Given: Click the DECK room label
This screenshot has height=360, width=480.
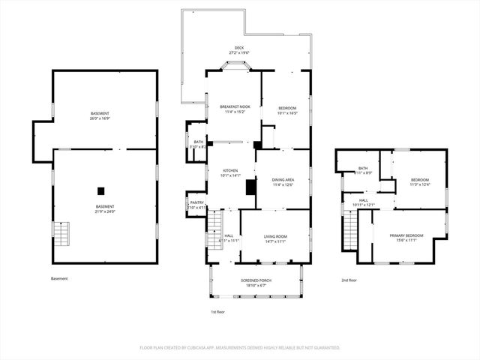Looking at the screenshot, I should pyautogui.click(x=238, y=47).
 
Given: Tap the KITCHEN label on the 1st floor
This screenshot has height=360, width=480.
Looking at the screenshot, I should pyautogui.click(x=229, y=171).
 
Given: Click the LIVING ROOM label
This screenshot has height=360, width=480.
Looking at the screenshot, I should pyautogui.click(x=275, y=237).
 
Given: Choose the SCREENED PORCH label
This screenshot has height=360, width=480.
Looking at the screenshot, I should pyautogui.click(x=256, y=280).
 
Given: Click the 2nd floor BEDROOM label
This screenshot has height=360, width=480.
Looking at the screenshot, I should pyautogui.click(x=419, y=180).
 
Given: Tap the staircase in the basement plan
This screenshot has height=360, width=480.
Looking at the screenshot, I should pyautogui.click(x=64, y=235).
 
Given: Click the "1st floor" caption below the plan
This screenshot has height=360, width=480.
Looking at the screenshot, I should pyautogui.click(x=217, y=311).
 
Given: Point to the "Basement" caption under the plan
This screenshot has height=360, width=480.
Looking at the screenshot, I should pyautogui.click(x=59, y=279).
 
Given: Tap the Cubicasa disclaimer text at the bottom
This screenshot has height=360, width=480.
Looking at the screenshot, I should pyautogui.click(x=240, y=347).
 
